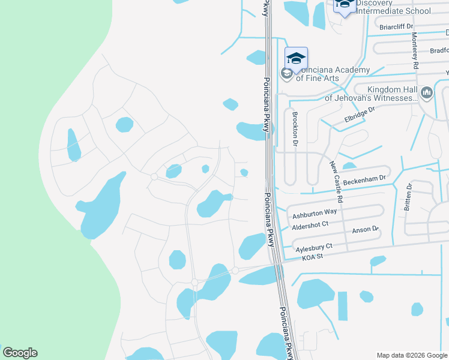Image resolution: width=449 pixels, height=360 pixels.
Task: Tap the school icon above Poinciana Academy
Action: (x=296, y=58)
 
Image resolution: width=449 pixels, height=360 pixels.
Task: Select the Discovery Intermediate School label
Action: (x=393, y=7)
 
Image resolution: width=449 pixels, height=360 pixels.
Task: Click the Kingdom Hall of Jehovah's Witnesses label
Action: (x=371, y=93)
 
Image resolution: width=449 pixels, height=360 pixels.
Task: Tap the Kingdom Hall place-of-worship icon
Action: (x=427, y=92)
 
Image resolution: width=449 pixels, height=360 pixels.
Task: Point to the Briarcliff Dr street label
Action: (x=397, y=26)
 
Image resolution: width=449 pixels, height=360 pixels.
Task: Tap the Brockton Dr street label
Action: (x=295, y=128)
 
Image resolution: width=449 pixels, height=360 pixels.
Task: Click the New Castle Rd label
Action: (x=336, y=181)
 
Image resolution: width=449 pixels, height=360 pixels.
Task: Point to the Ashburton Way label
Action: (x=314, y=213)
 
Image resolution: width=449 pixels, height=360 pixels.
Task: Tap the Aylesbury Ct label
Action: (x=314, y=247)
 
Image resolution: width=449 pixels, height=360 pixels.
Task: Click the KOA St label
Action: (x=312, y=257)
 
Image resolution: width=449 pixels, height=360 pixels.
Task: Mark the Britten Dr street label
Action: (x=408, y=196)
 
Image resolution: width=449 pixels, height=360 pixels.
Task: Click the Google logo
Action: (x=20, y=353)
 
